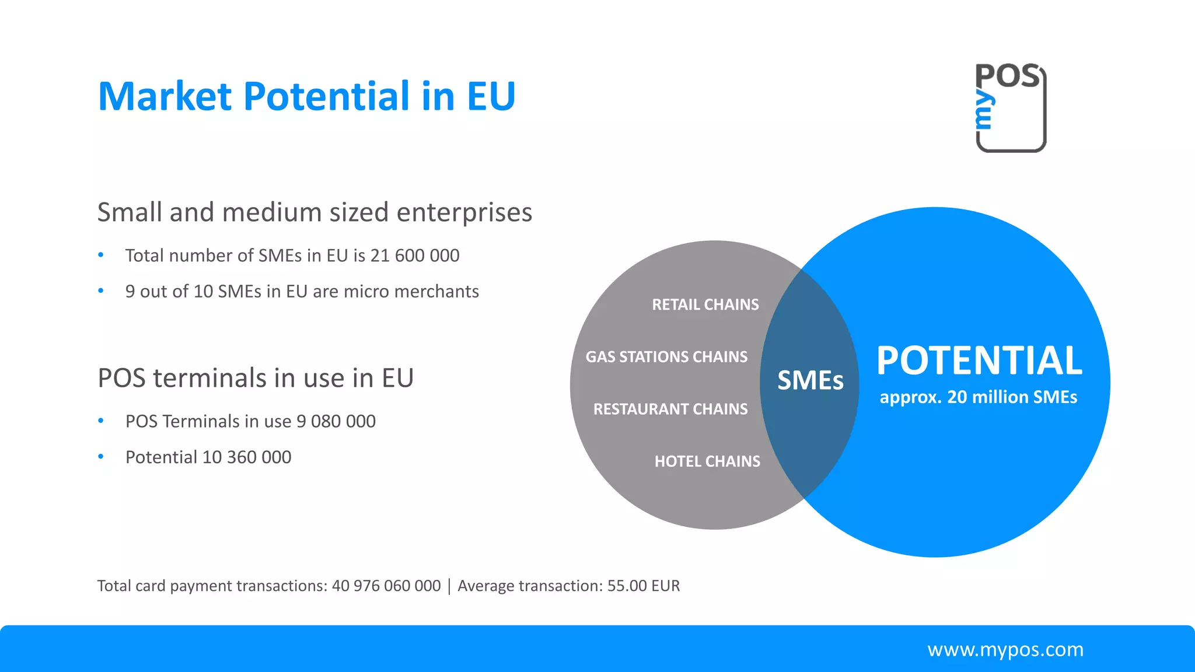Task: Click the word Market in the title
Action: (x=165, y=96)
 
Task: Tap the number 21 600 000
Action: (x=415, y=256)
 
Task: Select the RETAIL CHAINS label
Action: (x=705, y=304)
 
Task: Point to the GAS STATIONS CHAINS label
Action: (x=666, y=356)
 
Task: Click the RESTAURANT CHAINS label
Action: (x=670, y=409)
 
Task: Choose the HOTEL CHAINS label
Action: (x=707, y=461)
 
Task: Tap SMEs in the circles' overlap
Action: (x=810, y=381)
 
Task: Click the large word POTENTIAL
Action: (x=979, y=360)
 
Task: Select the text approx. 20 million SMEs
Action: (x=979, y=397)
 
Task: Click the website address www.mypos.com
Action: (x=1005, y=649)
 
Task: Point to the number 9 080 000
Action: (x=336, y=421)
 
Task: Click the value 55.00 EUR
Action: (x=644, y=586)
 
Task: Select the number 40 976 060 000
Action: (x=386, y=586)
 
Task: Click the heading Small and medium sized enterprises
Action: (x=315, y=212)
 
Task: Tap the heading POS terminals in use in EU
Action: (x=256, y=378)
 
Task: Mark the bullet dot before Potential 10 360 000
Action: (x=101, y=457)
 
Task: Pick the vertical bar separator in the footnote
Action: (x=449, y=586)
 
